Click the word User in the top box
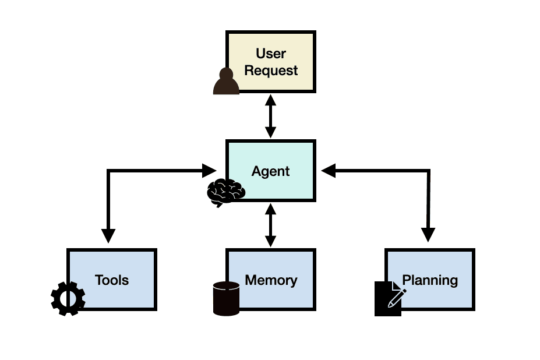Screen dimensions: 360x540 click(x=271, y=54)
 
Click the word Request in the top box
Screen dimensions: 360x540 click(x=271, y=71)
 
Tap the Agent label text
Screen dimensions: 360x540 click(x=270, y=171)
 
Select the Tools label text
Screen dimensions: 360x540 click(x=112, y=280)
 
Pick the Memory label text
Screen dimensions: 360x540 click(x=271, y=280)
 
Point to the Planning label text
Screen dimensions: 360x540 click(x=430, y=280)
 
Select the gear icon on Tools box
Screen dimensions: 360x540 click(x=68, y=298)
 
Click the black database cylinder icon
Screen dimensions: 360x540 click(x=226, y=298)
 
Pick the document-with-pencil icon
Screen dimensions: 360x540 click(x=389, y=298)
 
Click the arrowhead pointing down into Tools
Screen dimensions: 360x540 click(x=108, y=235)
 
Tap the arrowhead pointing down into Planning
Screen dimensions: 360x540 click(x=428, y=235)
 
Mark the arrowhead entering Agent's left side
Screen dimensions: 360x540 click(x=210, y=171)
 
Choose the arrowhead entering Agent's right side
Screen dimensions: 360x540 click(x=329, y=171)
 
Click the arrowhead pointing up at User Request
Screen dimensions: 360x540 click(x=270, y=99)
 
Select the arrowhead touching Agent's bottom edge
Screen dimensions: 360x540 click(x=270, y=209)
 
